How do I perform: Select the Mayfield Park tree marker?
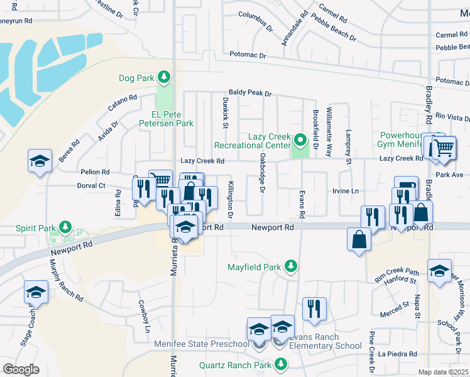pyautogui.click(x=290, y=266)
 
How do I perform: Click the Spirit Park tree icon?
pyautogui.click(x=64, y=226)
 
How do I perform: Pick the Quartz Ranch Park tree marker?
pyautogui.click(x=280, y=364)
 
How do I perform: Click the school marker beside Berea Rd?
pyautogui.click(x=40, y=161)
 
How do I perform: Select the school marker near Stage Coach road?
pyautogui.click(x=36, y=292)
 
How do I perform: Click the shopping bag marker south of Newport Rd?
pyautogui.click(x=359, y=240)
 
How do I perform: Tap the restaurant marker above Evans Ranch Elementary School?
pyautogui.click(x=314, y=309)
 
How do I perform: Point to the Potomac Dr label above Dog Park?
pyautogui.click(x=248, y=55)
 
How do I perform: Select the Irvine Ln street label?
pyautogui.click(x=345, y=190)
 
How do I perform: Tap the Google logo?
pyautogui.click(x=21, y=369)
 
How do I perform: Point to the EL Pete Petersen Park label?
pyautogui.click(x=163, y=119)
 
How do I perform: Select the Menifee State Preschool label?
pyautogui.click(x=202, y=344)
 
